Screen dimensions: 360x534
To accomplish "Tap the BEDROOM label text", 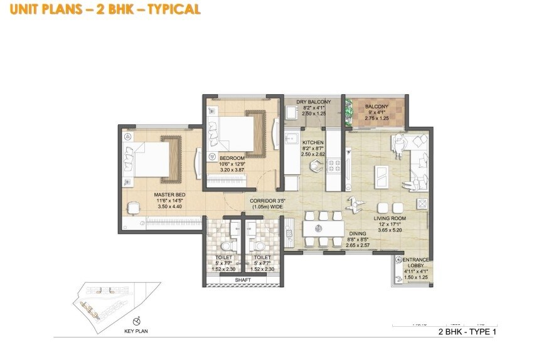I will click(232, 157).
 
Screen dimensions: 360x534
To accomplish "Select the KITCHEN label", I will click(312, 142).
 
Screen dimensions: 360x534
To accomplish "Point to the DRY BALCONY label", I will click(314, 102).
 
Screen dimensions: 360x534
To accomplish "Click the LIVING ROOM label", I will click(391, 219).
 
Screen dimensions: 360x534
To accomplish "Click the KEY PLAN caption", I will click(136, 330).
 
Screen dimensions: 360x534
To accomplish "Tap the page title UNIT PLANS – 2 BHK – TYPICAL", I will click(101, 9).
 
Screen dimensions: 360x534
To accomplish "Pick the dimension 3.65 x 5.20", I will click(391, 231).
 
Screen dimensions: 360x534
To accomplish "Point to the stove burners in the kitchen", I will click(334, 165).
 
